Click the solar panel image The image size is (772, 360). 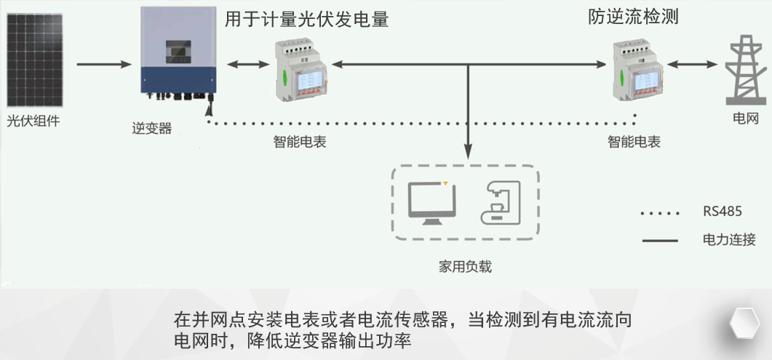(34, 64)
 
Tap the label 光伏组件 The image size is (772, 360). (33, 121)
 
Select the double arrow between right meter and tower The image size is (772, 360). (693, 65)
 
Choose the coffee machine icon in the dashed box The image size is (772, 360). (502, 201)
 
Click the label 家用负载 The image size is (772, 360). (466, 267)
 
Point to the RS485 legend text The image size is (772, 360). (722, 212)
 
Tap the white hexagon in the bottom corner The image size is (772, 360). (744, 322)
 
